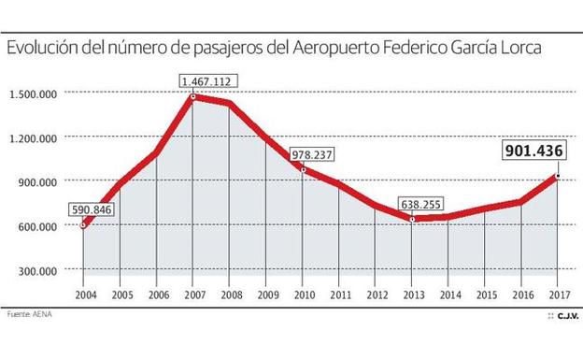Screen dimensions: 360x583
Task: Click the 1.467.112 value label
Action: click(208, 81)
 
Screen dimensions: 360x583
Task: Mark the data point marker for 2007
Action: click(193, 96)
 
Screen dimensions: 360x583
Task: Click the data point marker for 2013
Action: click(412, 219)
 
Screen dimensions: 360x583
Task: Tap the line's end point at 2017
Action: click(558, 176)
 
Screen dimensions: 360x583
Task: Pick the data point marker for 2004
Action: click(83, 224)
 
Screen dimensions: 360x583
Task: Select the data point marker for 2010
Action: click(303, 169)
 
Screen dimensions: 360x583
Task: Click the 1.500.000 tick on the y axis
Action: click(34, 94)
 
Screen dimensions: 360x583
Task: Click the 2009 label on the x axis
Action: click(266, 295)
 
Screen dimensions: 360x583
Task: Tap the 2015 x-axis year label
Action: click(485, 295)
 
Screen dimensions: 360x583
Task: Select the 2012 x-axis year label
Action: click(376, 295)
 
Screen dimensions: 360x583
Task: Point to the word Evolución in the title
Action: click(41, 47)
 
